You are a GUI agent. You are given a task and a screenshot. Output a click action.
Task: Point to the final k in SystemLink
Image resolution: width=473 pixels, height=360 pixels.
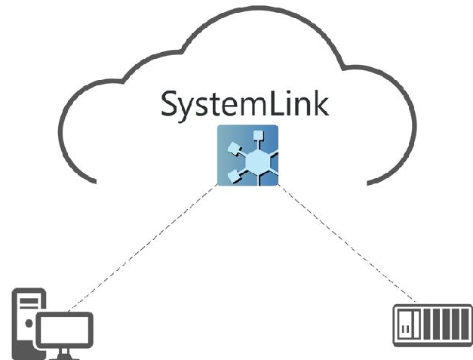[x=321, y=104]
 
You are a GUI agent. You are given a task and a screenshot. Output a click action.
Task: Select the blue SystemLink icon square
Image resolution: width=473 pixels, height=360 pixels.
[x=247, y=155]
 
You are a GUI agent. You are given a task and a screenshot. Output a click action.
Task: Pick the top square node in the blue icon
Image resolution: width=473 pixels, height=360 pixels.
[x=259, y=136]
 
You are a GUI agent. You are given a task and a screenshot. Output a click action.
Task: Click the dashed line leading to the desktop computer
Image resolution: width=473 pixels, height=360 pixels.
[x=143, y=249]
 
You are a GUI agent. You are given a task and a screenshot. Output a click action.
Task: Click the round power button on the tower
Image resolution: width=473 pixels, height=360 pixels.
[x=27, y=325]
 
